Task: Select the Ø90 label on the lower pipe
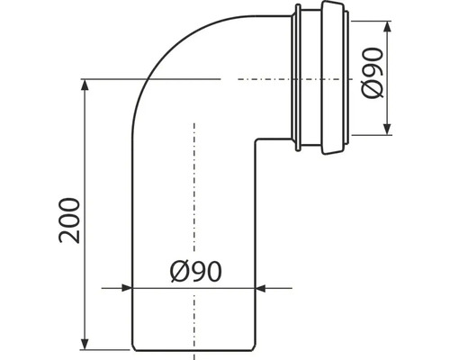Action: click(194, 269)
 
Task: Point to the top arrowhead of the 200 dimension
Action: click(85, 85)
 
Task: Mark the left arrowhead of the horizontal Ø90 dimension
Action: click(126, 288)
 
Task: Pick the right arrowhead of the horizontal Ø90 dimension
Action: click(263, 288)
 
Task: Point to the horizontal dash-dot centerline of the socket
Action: click(261, 79)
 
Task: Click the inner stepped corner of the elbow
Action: click(258, 139)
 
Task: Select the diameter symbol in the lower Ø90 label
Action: click(176, 269)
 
